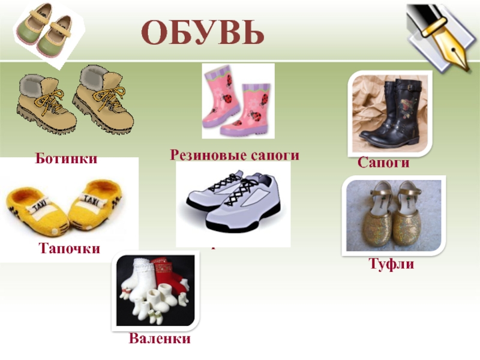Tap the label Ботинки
66,160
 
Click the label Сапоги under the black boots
383,162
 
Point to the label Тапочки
70,248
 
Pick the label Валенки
160,339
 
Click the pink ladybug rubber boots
238,100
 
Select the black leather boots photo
390,114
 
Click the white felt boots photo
155,291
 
